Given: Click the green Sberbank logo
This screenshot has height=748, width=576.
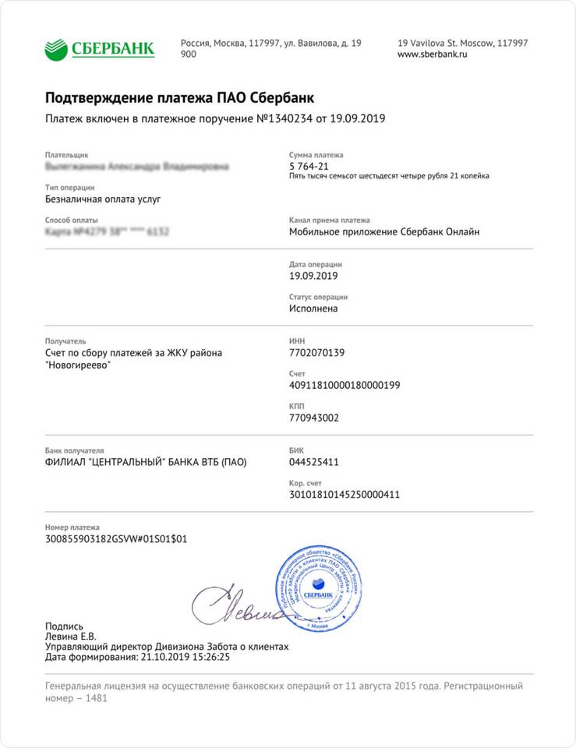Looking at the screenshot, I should coord(99,49).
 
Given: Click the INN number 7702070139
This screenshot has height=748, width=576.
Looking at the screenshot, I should coord(316,353).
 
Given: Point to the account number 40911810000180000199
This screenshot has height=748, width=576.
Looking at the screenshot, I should coord(344,385).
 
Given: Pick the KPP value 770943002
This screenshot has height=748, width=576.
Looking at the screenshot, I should coord(313,417).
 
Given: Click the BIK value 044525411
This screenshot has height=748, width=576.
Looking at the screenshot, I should coord(313,462).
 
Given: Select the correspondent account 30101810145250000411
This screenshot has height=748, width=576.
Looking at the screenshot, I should coord(344,494).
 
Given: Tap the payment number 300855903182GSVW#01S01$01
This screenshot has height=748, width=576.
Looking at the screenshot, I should coord(116,538).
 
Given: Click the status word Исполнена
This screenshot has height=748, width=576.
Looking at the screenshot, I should coord(313,309).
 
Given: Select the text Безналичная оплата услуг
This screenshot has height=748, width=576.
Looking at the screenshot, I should coord(103,199).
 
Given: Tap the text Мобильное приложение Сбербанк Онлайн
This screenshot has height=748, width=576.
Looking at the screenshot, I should coord(384,231).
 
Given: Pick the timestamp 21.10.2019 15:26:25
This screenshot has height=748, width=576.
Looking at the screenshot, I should coord(186,657).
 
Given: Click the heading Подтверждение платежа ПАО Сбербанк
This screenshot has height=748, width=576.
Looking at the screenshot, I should coord(179,97).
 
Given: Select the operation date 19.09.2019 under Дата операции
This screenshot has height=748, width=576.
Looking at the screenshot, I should coord(313,276).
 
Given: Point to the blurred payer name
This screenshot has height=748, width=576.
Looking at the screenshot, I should coord(137,166).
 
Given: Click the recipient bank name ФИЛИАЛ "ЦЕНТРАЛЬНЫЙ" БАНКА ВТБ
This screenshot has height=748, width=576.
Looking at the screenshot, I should coord(146,462).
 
